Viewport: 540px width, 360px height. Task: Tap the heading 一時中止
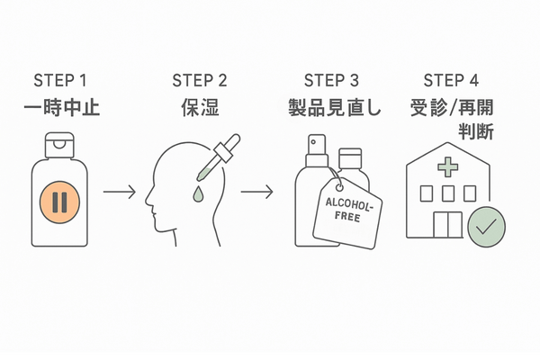point(60,110)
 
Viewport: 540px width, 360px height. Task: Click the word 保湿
point(198,110)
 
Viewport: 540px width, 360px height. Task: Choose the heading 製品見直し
point(331,110)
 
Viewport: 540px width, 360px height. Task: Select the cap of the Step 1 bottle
point(60,141)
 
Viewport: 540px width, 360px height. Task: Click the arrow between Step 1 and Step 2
point(119,192)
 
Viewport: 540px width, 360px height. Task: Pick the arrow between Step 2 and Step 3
point(257,192)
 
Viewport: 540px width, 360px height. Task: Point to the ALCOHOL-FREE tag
point(346,210)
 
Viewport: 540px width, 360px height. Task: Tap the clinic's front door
point(447,226)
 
